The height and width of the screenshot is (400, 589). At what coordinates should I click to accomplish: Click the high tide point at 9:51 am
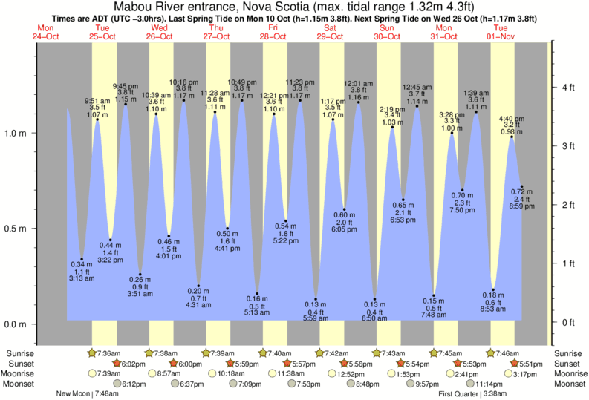point(97,119)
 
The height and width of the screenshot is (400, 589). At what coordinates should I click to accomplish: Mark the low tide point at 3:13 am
point(82,259)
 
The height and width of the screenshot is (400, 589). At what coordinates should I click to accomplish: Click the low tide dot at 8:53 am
point(493,289)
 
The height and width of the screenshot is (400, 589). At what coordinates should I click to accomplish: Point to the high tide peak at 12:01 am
point(359,102)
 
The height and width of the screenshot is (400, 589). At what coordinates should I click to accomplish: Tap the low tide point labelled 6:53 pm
point(403,200)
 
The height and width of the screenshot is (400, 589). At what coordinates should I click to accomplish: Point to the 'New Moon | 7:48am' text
point(88,393)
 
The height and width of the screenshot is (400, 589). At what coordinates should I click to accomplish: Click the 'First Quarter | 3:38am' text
point(473,393)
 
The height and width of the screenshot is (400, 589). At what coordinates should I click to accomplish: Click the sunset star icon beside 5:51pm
point(514,364)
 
